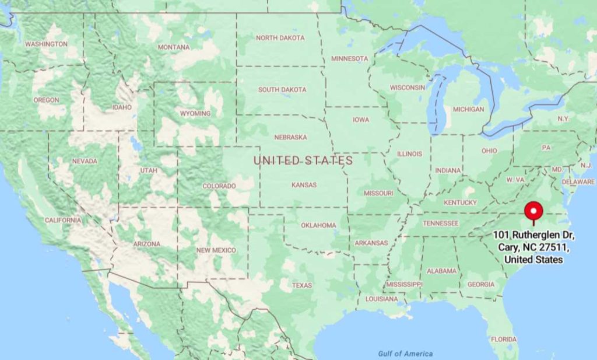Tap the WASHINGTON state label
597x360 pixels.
click(x=46, y=44)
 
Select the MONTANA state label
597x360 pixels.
click(x=173, y=47)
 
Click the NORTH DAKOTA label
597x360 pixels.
click(x=280, y=38)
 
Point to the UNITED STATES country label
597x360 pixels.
click(x=303, y=160)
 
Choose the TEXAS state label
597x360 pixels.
click(x=302, y=285)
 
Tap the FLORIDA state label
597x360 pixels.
click(x=503, y=339)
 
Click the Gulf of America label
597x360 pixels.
click(x=405, y=354)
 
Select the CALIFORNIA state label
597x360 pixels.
click(x=63, y=220)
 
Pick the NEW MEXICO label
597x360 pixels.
click(x=216, y=250)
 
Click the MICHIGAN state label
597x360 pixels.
click(x=468, y=109)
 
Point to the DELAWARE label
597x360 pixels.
click(x=578, y=182)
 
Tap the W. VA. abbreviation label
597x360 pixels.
click(x=515, y=179)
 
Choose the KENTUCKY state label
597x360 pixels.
click(x=460, y=202)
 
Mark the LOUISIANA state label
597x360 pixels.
click(x=381, y=299)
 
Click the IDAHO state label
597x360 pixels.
click(x=122, y=107)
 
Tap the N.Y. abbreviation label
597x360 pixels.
click(x=563, y=118)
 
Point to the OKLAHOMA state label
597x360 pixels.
click(x=318, y=225)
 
